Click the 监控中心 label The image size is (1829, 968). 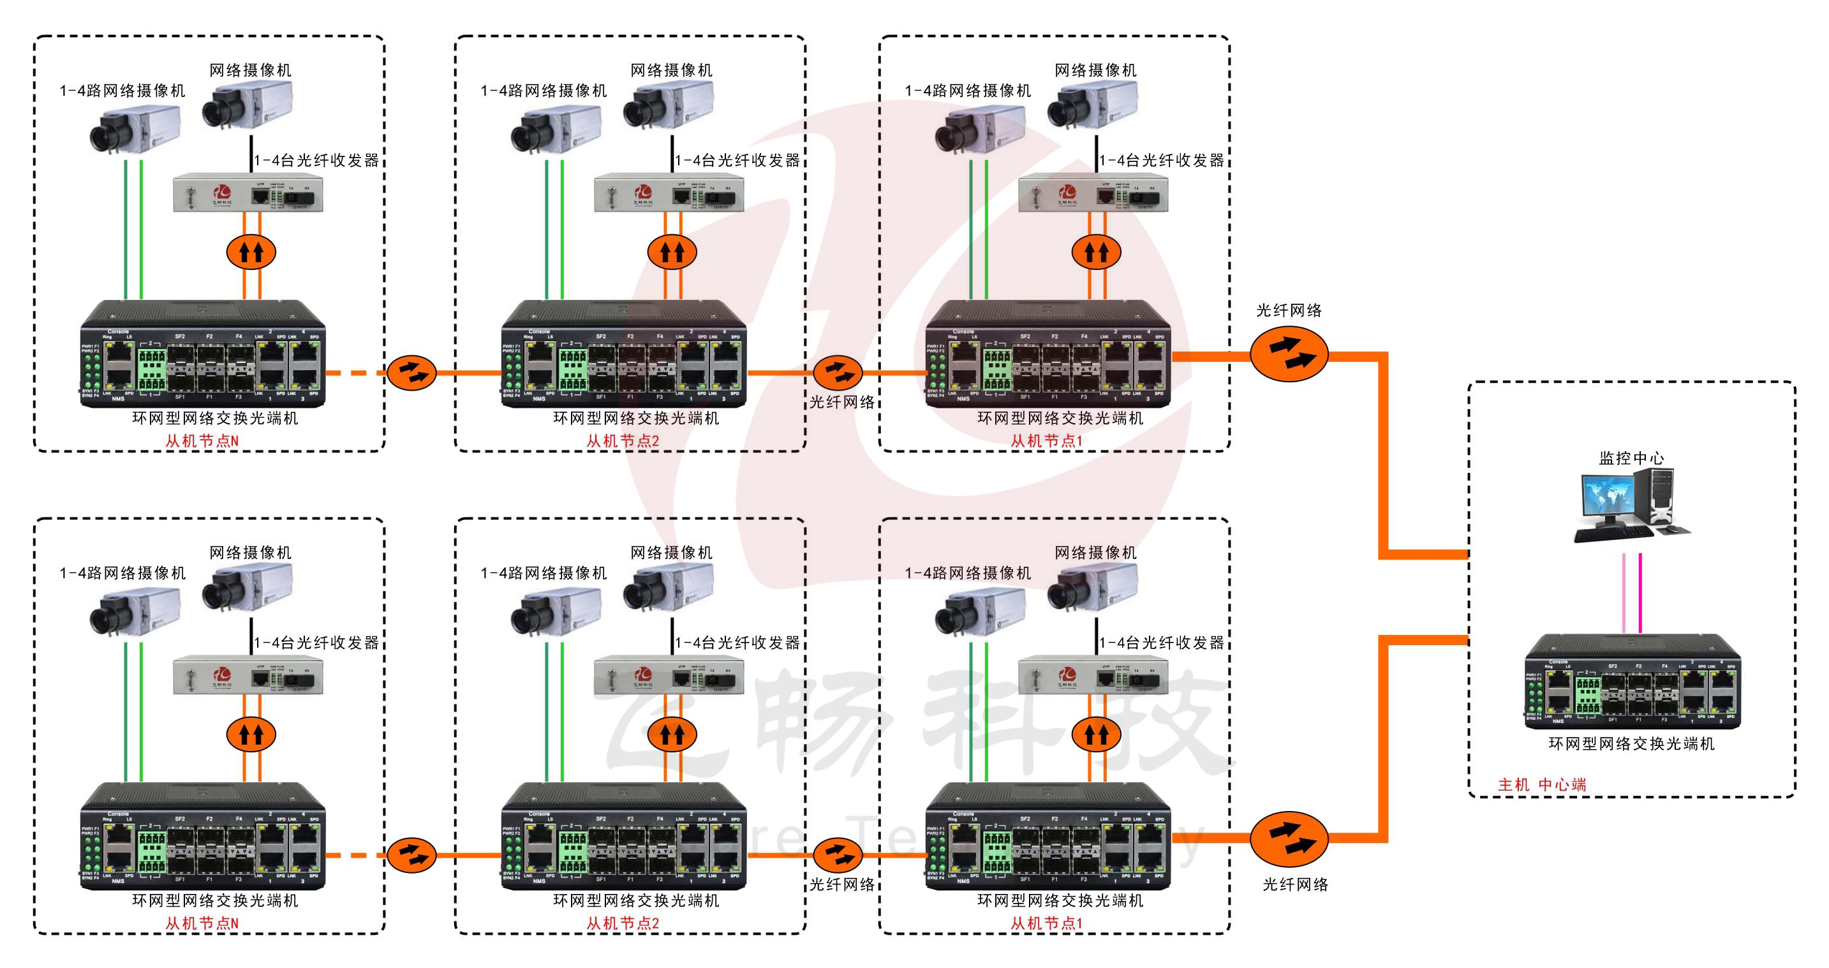[1631, 458]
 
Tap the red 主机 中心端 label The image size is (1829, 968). [1541, 785]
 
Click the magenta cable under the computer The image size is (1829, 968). [1640, 593]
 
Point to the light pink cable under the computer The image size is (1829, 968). [1624, 593]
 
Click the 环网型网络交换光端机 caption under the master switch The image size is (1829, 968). [1631, 743]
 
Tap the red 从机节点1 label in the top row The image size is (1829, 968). [1047, 441]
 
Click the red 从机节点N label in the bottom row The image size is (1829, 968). [202, 923]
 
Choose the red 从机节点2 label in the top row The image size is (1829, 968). [623, 441]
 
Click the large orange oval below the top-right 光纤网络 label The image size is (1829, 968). [1289, 354]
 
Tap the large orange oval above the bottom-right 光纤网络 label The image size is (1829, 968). [1289, 838]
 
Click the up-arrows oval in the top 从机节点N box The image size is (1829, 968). [251, 251]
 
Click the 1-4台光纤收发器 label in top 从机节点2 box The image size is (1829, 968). [737, 161]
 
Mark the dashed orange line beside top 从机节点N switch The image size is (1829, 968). [355, 372]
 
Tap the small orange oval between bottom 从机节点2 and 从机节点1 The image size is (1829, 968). [838, 854]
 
